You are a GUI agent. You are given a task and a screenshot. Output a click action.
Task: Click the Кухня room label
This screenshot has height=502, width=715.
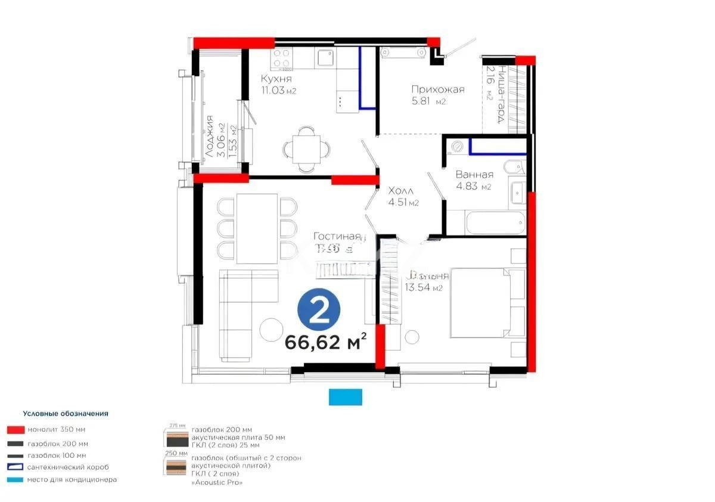(276, 79)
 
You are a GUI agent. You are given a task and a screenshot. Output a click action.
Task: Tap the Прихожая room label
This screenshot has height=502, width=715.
(437, 89)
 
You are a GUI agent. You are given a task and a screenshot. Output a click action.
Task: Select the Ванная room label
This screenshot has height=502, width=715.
(474, 175)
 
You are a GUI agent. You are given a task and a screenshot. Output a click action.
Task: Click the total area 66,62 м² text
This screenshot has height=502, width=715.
(325, 343)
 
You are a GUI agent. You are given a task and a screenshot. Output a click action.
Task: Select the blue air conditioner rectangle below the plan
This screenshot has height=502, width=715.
(346, 396)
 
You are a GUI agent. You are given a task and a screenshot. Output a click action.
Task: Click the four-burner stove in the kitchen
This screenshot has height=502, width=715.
(282, 58)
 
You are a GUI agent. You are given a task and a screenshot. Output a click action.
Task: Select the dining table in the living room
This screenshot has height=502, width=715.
(257, 228)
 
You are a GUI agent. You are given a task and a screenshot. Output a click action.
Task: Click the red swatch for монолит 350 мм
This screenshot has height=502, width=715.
(15, 429)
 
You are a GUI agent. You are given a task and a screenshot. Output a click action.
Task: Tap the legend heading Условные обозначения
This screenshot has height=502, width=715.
(66, 413)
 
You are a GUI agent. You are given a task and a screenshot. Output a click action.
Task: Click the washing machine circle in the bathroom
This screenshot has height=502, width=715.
(457, 145)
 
